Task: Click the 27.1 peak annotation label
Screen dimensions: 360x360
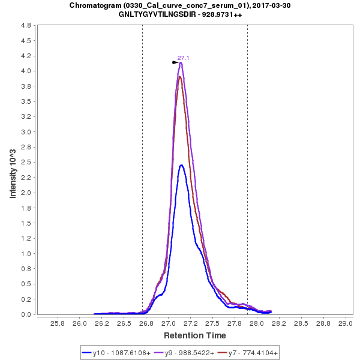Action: (x=183, y=58)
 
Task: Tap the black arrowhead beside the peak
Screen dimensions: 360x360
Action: (x=175, y=62)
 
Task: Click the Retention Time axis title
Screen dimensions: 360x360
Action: (x=195, y=335)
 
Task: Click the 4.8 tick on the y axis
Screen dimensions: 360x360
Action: (x=26, y=26)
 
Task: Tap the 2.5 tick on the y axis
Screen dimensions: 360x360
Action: (x=26, y=162)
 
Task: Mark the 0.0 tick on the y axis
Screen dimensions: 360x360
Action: (x=26, y=314)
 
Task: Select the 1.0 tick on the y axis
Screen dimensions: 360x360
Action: (x=26, y=253)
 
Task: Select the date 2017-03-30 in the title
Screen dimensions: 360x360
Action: (x=270, y=5)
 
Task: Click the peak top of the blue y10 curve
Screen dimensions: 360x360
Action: (x=181, y=165)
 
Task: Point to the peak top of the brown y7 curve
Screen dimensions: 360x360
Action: (x=179, y=77)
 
